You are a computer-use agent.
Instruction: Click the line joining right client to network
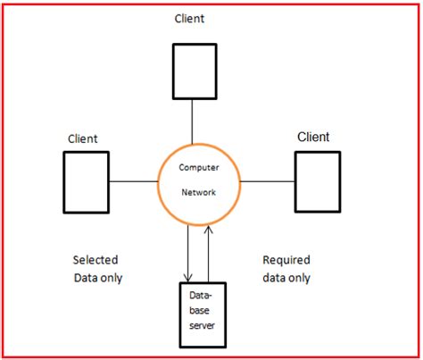(268, 181)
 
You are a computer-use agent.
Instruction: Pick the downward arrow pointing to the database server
(189, 255)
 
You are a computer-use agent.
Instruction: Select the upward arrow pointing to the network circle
(207, 255)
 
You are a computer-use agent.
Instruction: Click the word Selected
(95, 260)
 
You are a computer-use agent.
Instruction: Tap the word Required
(286, 260)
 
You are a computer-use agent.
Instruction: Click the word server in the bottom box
(201, 326)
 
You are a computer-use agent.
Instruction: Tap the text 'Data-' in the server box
(200, 296)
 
